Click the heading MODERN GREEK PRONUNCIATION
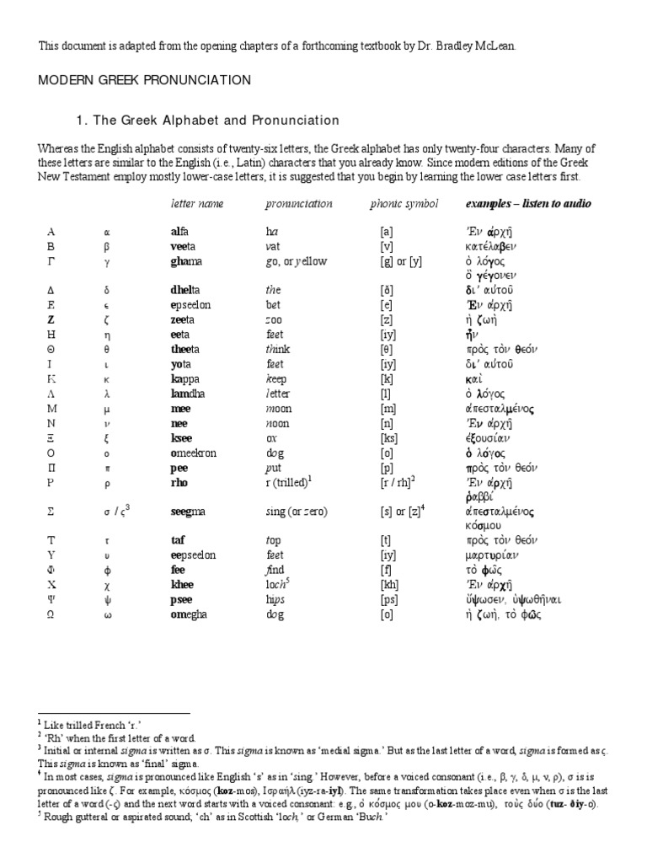click(144, 80)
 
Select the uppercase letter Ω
click(50, 614)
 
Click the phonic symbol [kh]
click(389, 583)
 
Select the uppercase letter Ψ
click(50, 598)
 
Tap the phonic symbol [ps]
click(389, 598)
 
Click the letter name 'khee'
click(184, 583)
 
